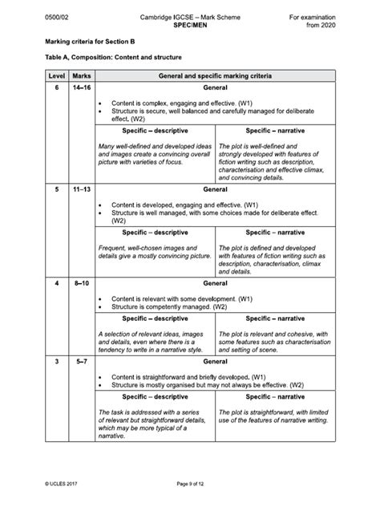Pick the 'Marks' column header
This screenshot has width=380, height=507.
click(80, 75)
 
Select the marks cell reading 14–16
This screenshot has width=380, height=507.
click(80, 87)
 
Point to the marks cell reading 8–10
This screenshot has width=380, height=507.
click(80, 283)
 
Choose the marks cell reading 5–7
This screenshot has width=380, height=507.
click(80, 363)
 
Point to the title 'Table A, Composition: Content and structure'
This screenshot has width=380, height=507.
click(112, 58)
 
